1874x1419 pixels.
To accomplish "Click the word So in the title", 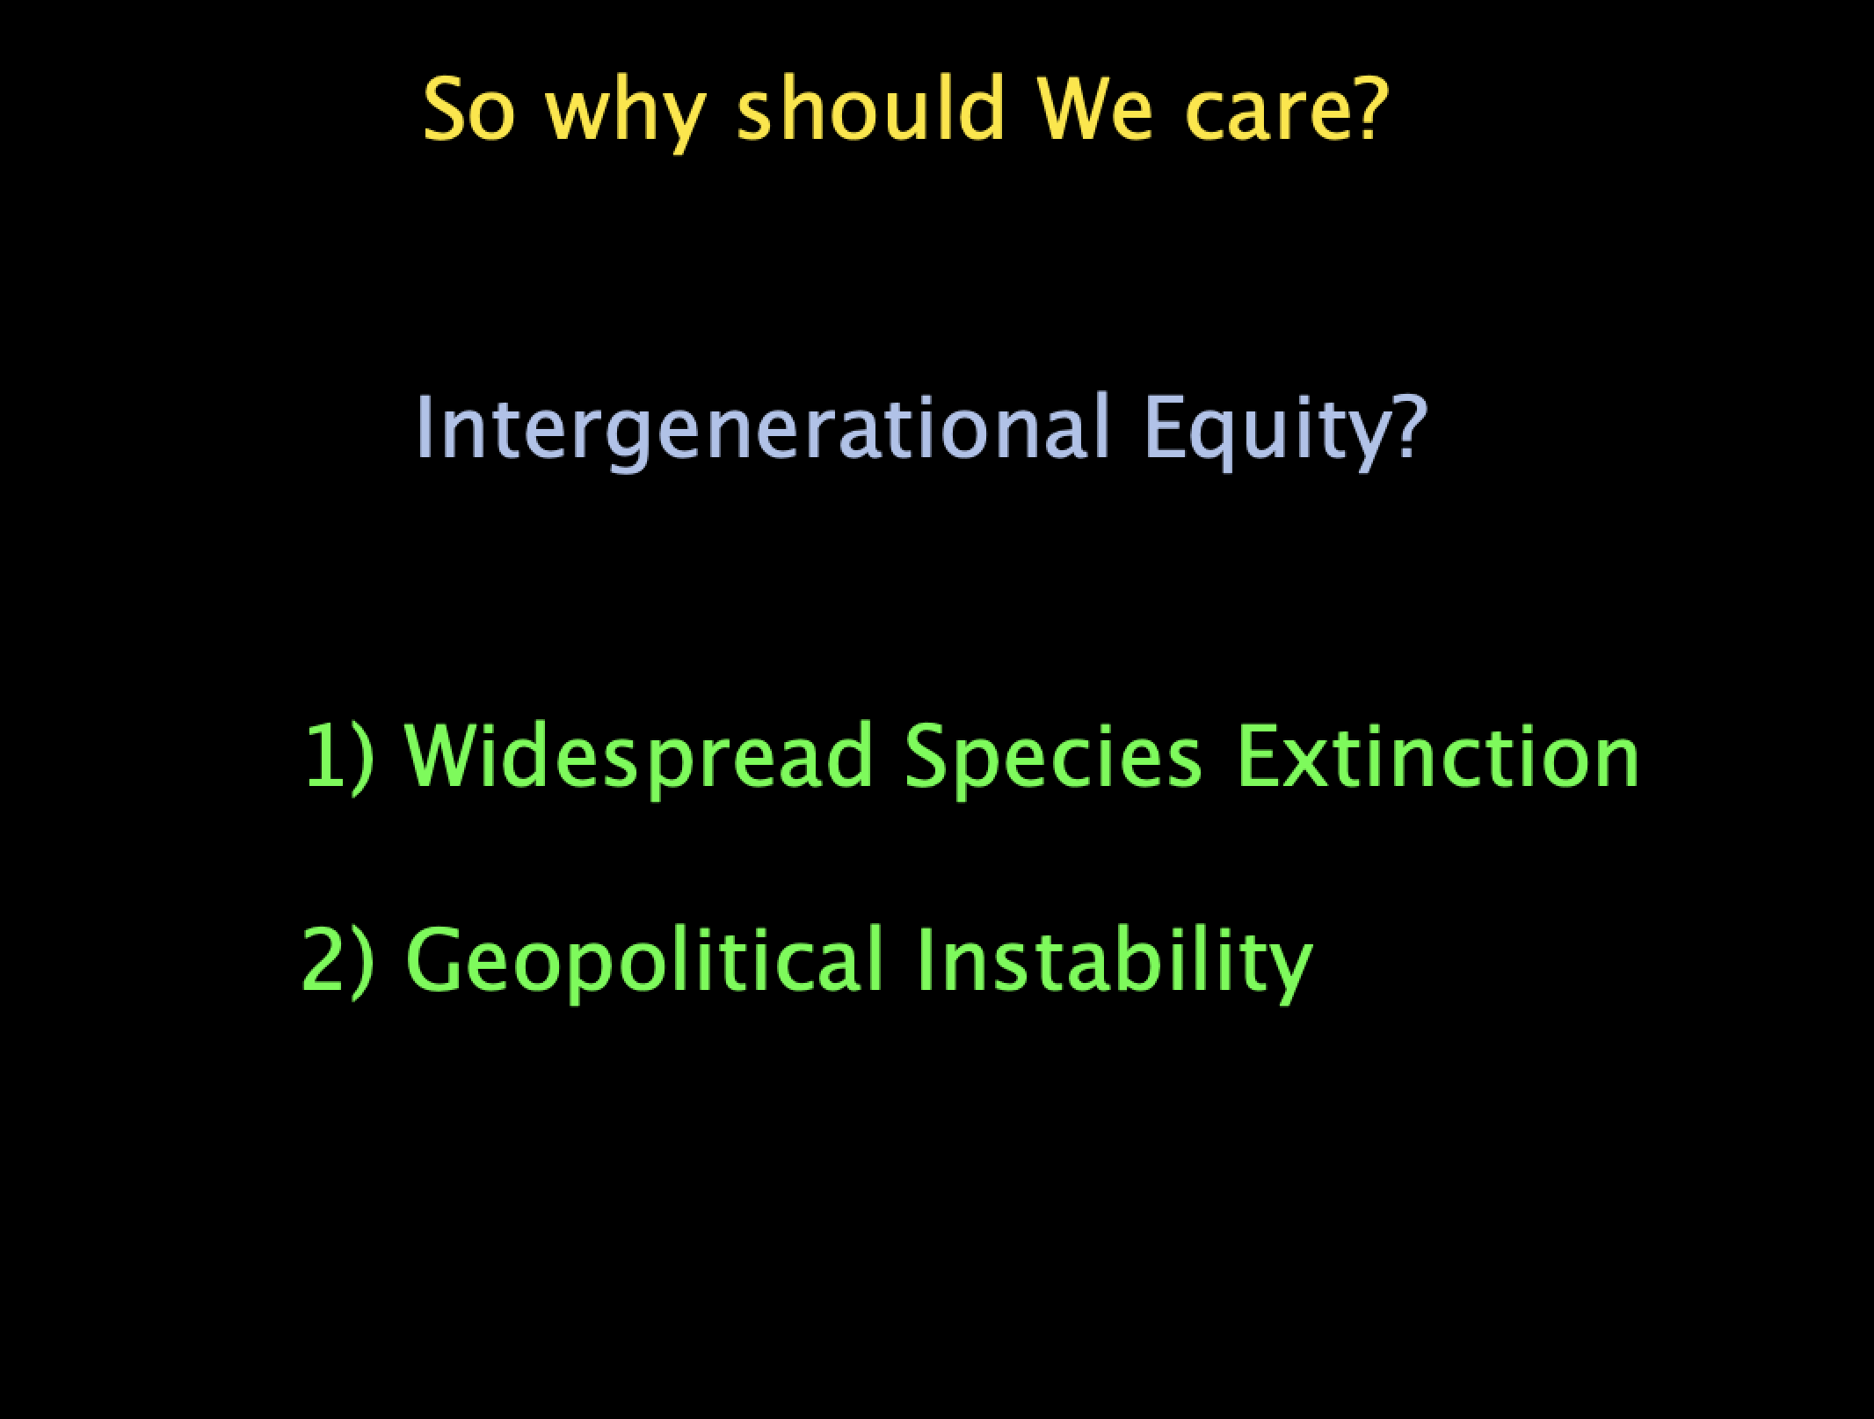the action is [468, 110].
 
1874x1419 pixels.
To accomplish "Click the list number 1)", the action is [338, 758].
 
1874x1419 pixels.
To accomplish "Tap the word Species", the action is [1052, 760].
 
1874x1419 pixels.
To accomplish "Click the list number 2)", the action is [338, 962].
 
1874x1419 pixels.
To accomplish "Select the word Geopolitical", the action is [643, 964].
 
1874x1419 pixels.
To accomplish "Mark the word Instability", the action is [1115, 964].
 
